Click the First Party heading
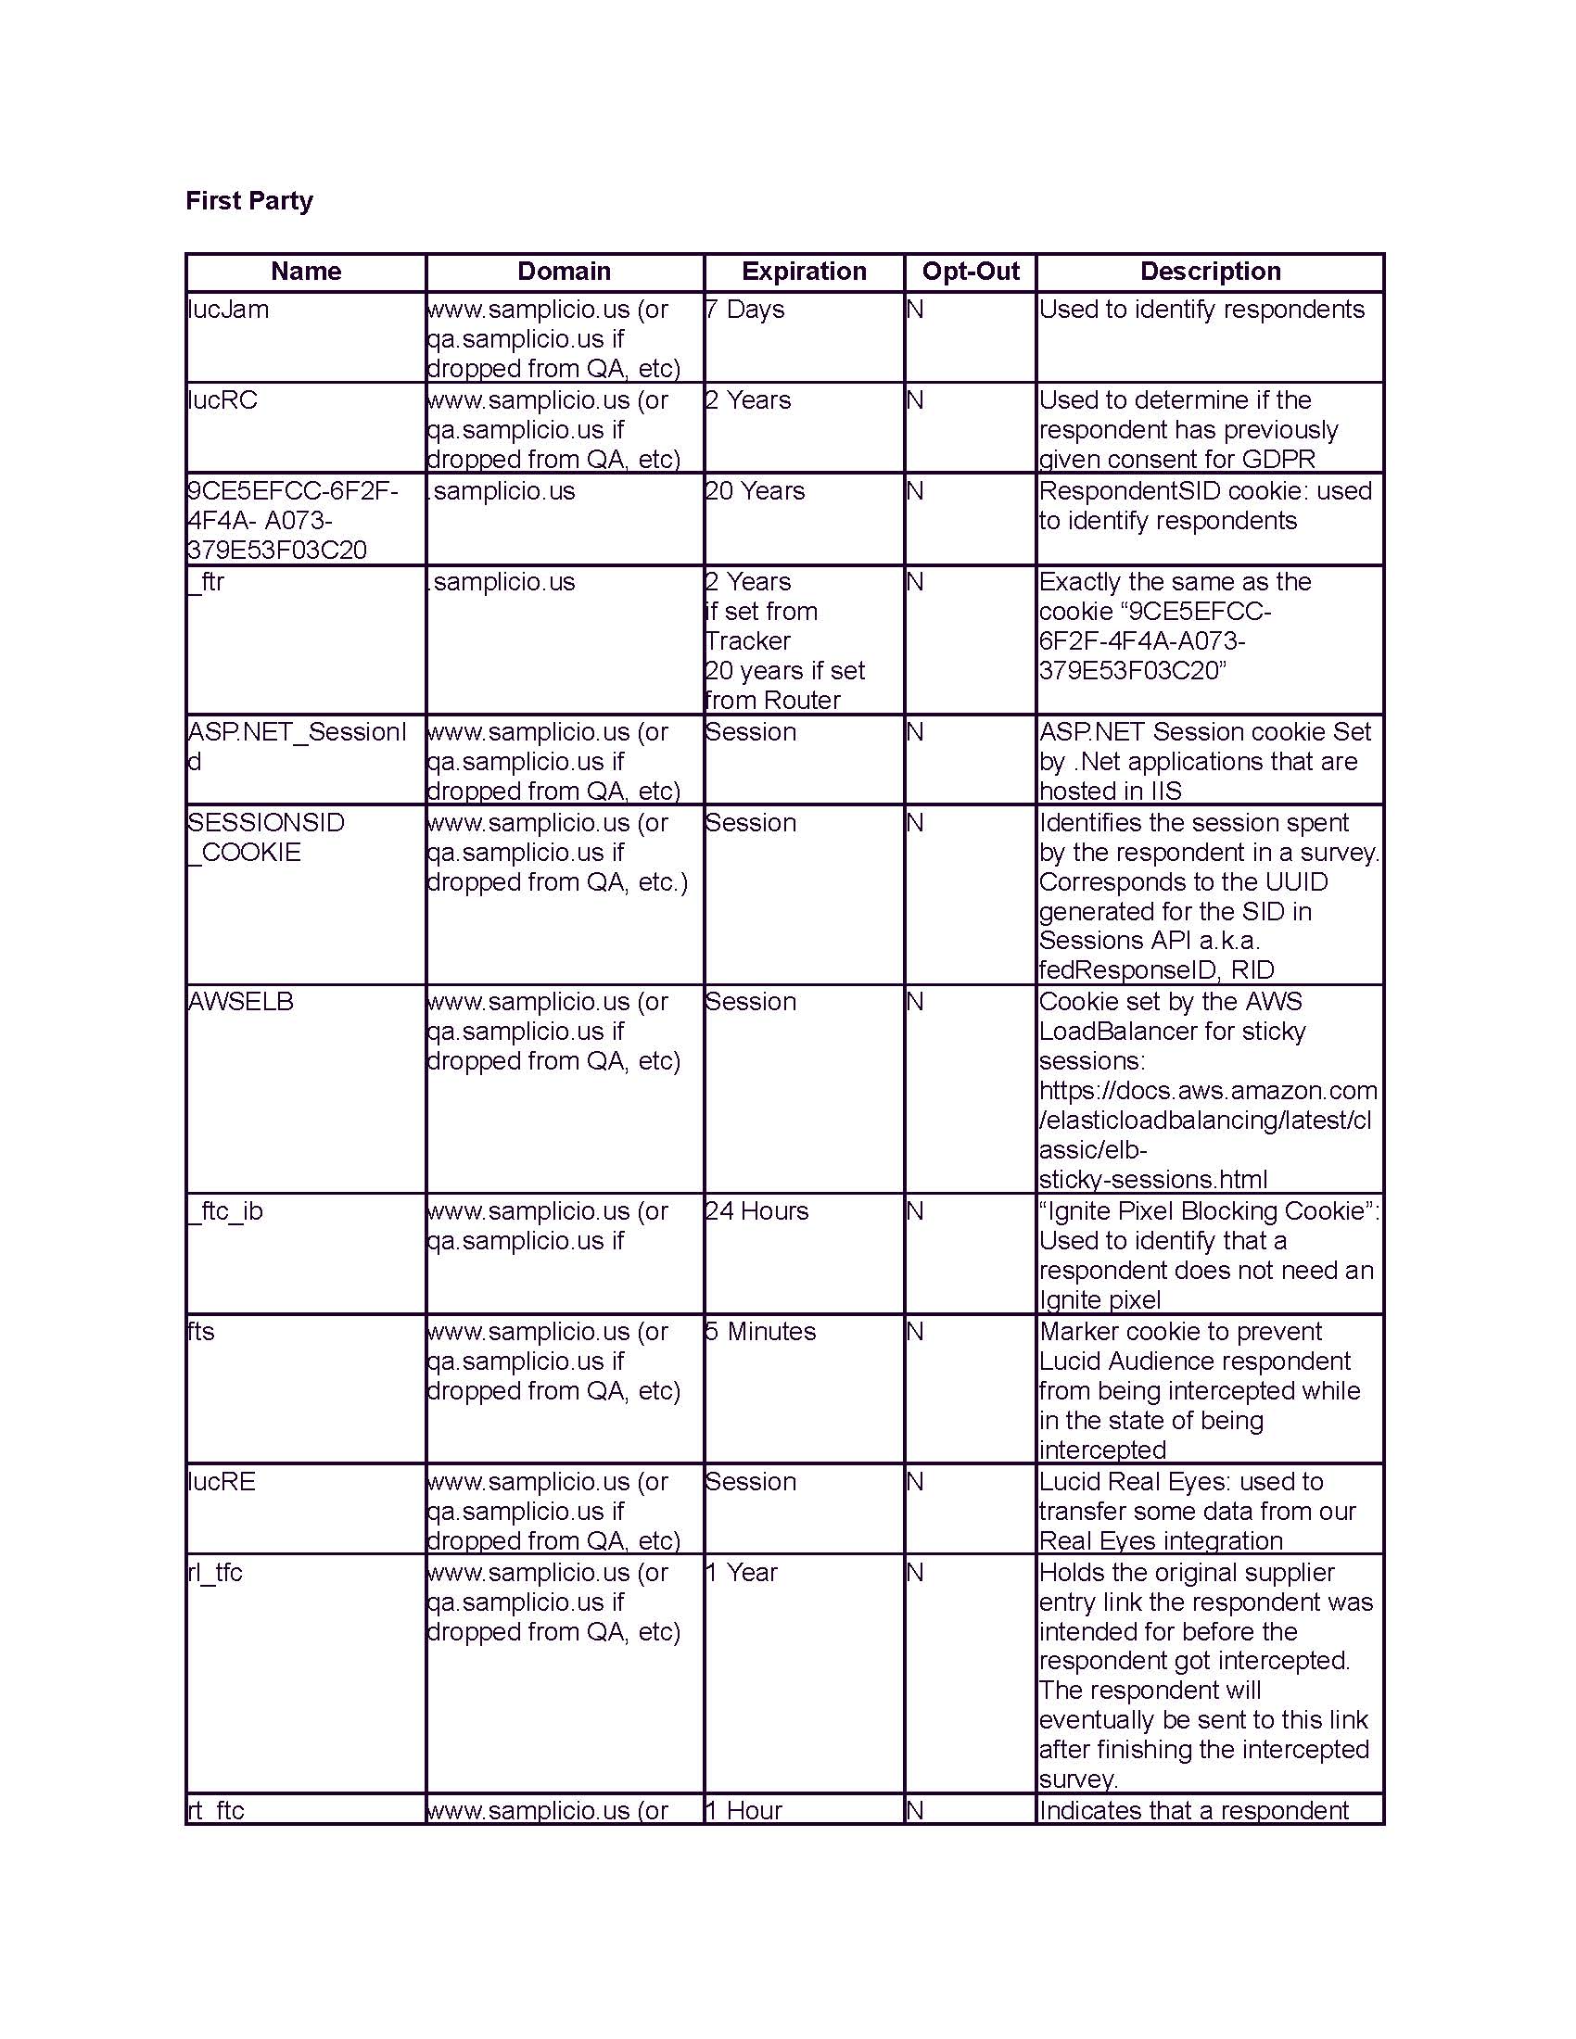click(x=249, y=201)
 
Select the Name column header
click(x=305, y=272)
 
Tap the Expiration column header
click(x=803, y=272)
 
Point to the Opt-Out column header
click(x=970, y=272)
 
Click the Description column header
click(x=1210, y=272)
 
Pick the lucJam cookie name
click(x=228, y=310)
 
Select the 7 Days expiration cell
click(x=745, y=310)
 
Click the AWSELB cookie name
click(x=241, y=1002)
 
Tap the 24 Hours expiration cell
click(x=757, y=1211)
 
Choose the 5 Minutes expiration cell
click(x=760, y=1331)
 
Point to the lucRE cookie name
click(x=222, y=1482)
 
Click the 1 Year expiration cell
click(x=742, y=1572)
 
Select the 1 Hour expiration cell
click(x=744, y=1810)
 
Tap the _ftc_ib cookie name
click(x=225, y=1211)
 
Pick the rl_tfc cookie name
click(x=216, y=1572)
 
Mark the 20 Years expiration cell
click(x=755, y=491)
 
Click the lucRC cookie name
click(x=222, y=400)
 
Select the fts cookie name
click(x=201, y=1331)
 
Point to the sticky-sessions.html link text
click(x=1153, y=1179)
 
